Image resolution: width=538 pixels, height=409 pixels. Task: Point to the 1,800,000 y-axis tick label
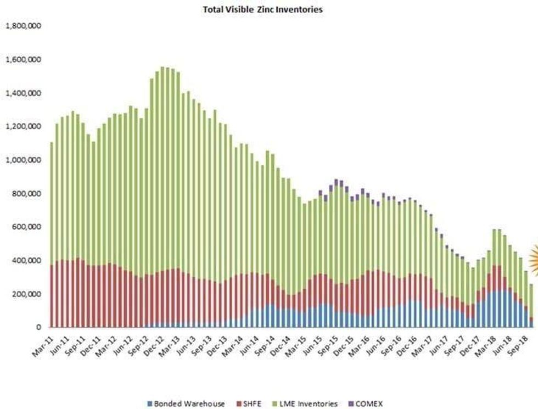[x=24, y=26]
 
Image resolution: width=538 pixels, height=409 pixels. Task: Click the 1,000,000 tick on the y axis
[x=24, y=160]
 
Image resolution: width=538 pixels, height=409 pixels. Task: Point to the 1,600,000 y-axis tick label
[x=24, y=59]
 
